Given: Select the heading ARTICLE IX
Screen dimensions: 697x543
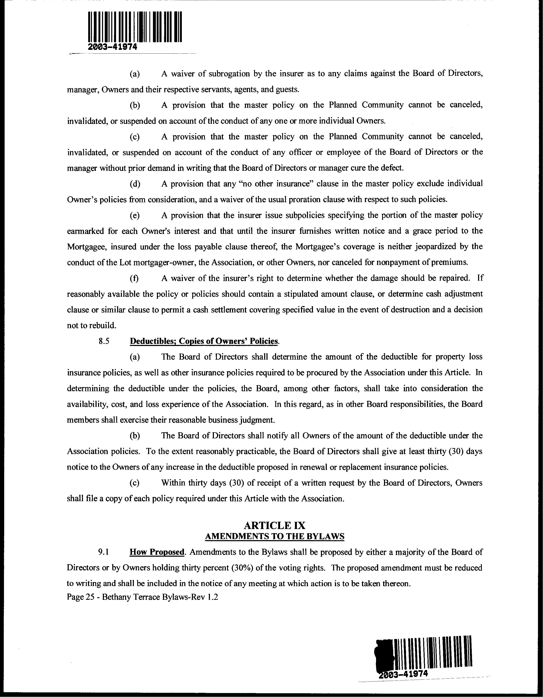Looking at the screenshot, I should pyautogui.click(x=274, y=525).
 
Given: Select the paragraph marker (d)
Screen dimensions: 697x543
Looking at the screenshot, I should pyautogui.click(x=135, y=184).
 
